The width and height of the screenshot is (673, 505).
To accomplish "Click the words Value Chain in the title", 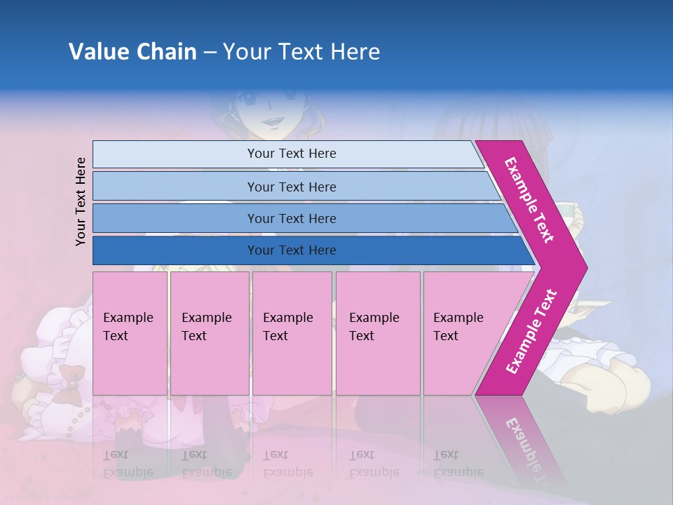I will tap(132, 52).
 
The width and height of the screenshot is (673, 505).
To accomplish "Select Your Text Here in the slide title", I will tap(301, 52).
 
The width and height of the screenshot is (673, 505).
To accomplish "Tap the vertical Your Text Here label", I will tap(81, 201).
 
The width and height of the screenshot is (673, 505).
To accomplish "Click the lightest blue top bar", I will tap(291, 154).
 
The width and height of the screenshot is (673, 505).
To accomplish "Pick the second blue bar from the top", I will tap(291, 187).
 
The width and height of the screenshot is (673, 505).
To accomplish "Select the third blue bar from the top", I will tap(291, 218).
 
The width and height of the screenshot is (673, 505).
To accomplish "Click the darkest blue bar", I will tap(291, 250).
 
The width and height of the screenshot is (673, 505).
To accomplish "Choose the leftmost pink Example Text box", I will tap(130, 332).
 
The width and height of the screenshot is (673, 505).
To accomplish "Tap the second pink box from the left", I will tap(209, 332).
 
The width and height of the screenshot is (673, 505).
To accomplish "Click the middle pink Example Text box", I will tap(292, 332).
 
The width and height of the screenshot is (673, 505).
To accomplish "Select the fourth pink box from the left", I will tap(377, 332).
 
